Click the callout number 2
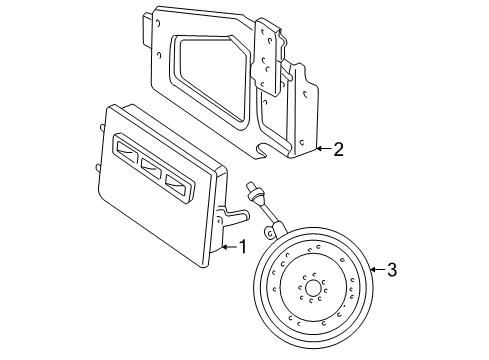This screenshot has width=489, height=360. click(x=338, y=150)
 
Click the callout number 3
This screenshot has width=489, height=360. click(x=391, y=269)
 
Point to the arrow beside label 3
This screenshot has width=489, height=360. click(x=373, y=268)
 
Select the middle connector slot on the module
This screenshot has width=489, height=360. click(x=153, y=166)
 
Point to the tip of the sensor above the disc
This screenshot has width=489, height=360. click(x=249, y=187)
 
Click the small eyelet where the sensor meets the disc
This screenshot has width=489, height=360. click(x=267, y=232)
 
